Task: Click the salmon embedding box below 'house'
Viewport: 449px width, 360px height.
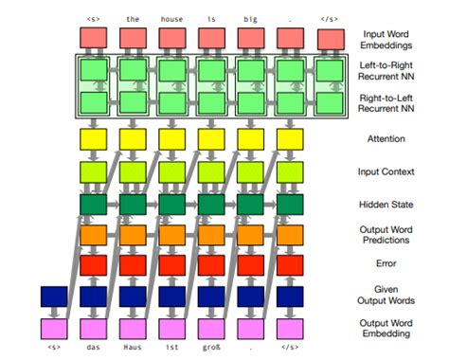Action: pos(171,39)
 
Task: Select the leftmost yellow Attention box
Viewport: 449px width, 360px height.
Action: pos(93,139)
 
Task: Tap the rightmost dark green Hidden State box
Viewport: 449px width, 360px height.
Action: pos(290,204)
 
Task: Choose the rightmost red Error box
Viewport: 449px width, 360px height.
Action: pos(290,265)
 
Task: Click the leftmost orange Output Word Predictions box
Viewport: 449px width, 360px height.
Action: pos(93,234)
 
